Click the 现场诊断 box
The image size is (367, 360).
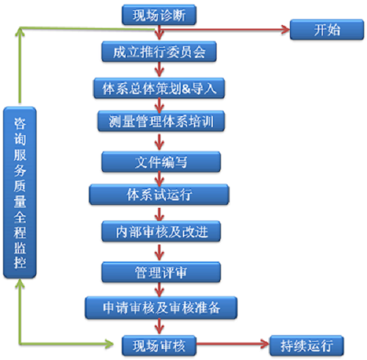159,15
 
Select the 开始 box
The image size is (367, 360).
327,29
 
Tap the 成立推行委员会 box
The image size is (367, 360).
159,51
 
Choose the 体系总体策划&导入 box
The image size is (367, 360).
159,88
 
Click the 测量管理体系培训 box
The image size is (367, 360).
161,121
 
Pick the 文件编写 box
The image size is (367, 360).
161,162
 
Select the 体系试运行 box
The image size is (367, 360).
159,195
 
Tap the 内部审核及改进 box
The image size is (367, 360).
161,231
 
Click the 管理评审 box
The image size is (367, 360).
161,272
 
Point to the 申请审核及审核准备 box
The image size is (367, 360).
161,308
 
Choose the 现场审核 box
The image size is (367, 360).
159,345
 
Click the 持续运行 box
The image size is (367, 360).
307,345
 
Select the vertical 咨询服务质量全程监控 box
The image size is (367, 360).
20,192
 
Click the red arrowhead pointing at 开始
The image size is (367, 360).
286,29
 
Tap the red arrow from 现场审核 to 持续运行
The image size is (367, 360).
233,344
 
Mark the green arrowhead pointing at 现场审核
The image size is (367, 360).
109,344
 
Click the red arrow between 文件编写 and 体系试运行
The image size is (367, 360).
159,179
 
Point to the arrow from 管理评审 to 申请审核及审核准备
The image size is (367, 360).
159,289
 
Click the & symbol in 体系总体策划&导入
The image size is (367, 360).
186,89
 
